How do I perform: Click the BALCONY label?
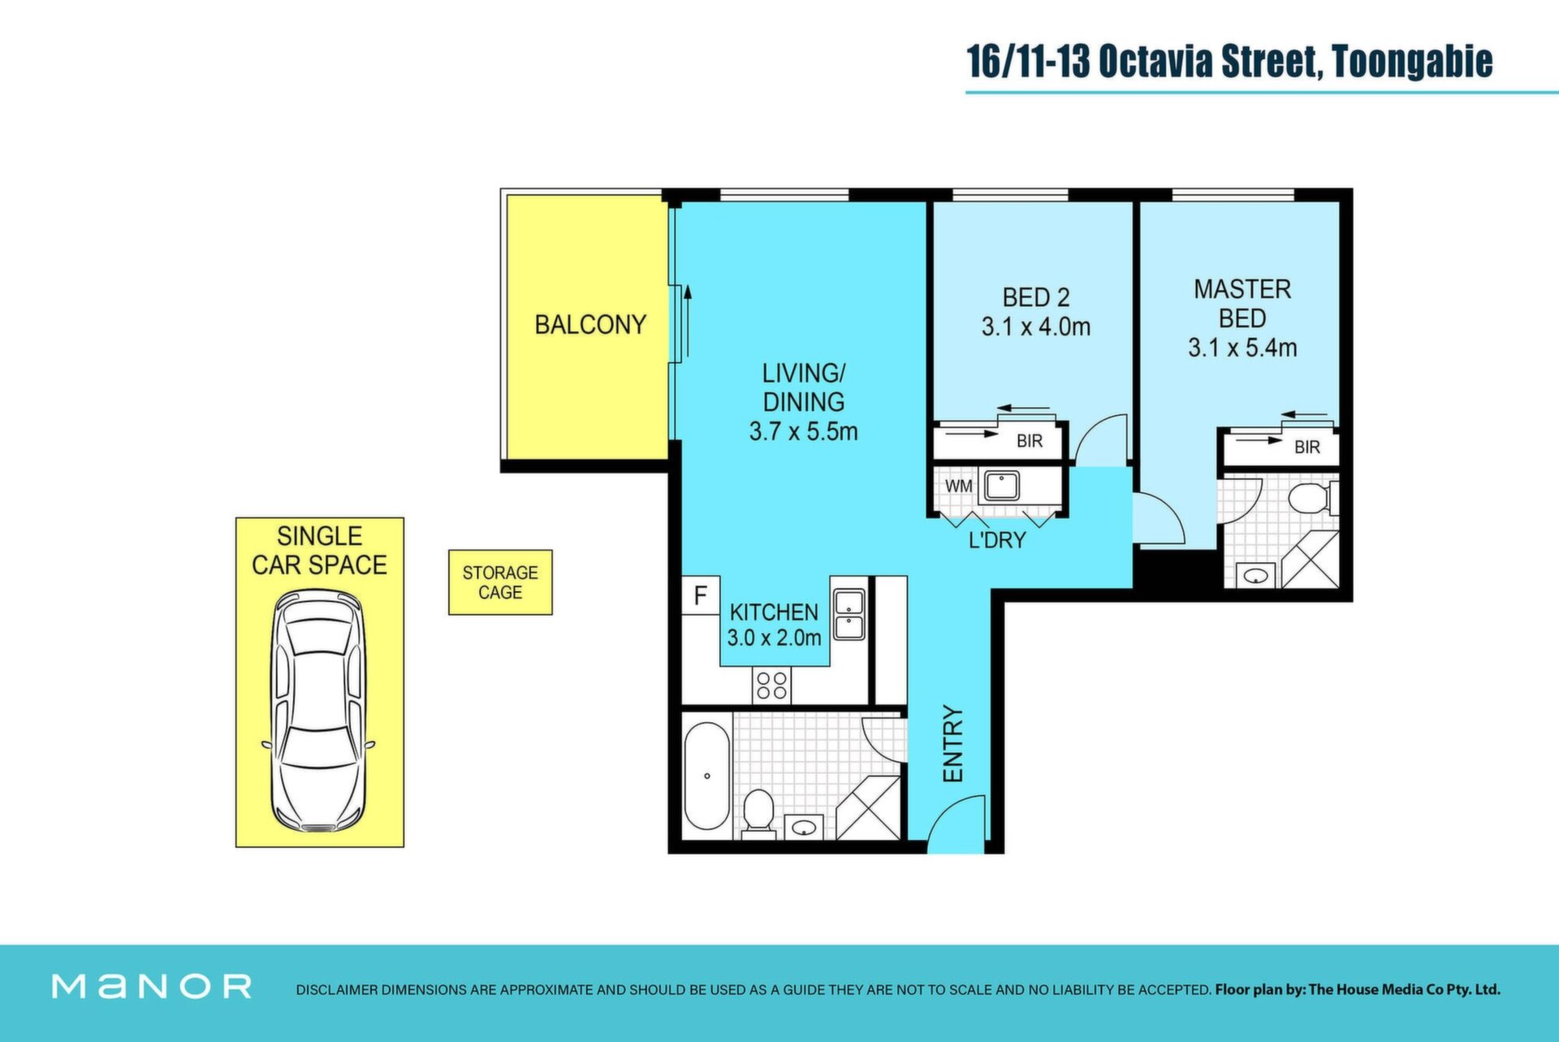click(x=590, y=325)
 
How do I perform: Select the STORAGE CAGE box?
click(x=500, y=582)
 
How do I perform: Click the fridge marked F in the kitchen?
click(x=701, y=595)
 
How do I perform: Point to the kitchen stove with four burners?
click(x=771, y=685)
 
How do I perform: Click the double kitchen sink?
click(x=849, y=614)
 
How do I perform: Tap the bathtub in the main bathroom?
click(x=706, y=776)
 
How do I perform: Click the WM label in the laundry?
click(x=959, y=486)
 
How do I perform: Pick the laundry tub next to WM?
click(x=1002, y=486)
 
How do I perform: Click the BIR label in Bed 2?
click(x=1030, y=441)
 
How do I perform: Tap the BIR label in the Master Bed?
click(x=1307, y=447)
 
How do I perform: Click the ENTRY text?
click(x=952, y=744)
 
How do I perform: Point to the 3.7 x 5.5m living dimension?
click(x=803, y=431)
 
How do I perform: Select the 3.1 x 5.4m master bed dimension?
click(x=1242, y=348)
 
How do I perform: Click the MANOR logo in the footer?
click(x=152, y=987)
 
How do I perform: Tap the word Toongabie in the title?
click(x=1412, y=62)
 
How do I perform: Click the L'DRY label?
click(x=997, y=540)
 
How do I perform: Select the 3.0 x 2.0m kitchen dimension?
click(x=774, y=638)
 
